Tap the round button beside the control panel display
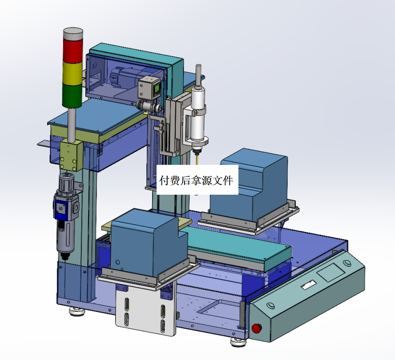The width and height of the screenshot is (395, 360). pyautogui.click(x=347, y=263)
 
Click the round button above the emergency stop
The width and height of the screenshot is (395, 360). pyautogui.click(x=270, y=306)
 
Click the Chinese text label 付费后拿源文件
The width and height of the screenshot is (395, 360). pyautogui.click(x=196, y=181)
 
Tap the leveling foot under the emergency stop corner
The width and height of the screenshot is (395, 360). pyautogui.click(x=238, y=343)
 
